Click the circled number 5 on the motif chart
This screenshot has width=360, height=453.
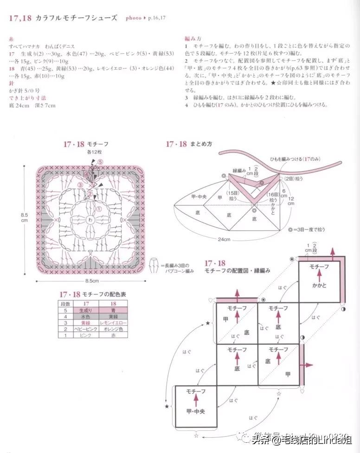100,162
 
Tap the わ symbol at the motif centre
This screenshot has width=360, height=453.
90,219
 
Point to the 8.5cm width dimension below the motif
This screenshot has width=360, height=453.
91,281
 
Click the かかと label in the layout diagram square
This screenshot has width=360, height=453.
319,286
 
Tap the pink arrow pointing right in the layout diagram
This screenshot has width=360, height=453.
310,364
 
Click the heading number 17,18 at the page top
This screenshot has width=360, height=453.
20,18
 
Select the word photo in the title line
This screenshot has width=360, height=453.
134,18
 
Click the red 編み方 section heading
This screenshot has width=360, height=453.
193,40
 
